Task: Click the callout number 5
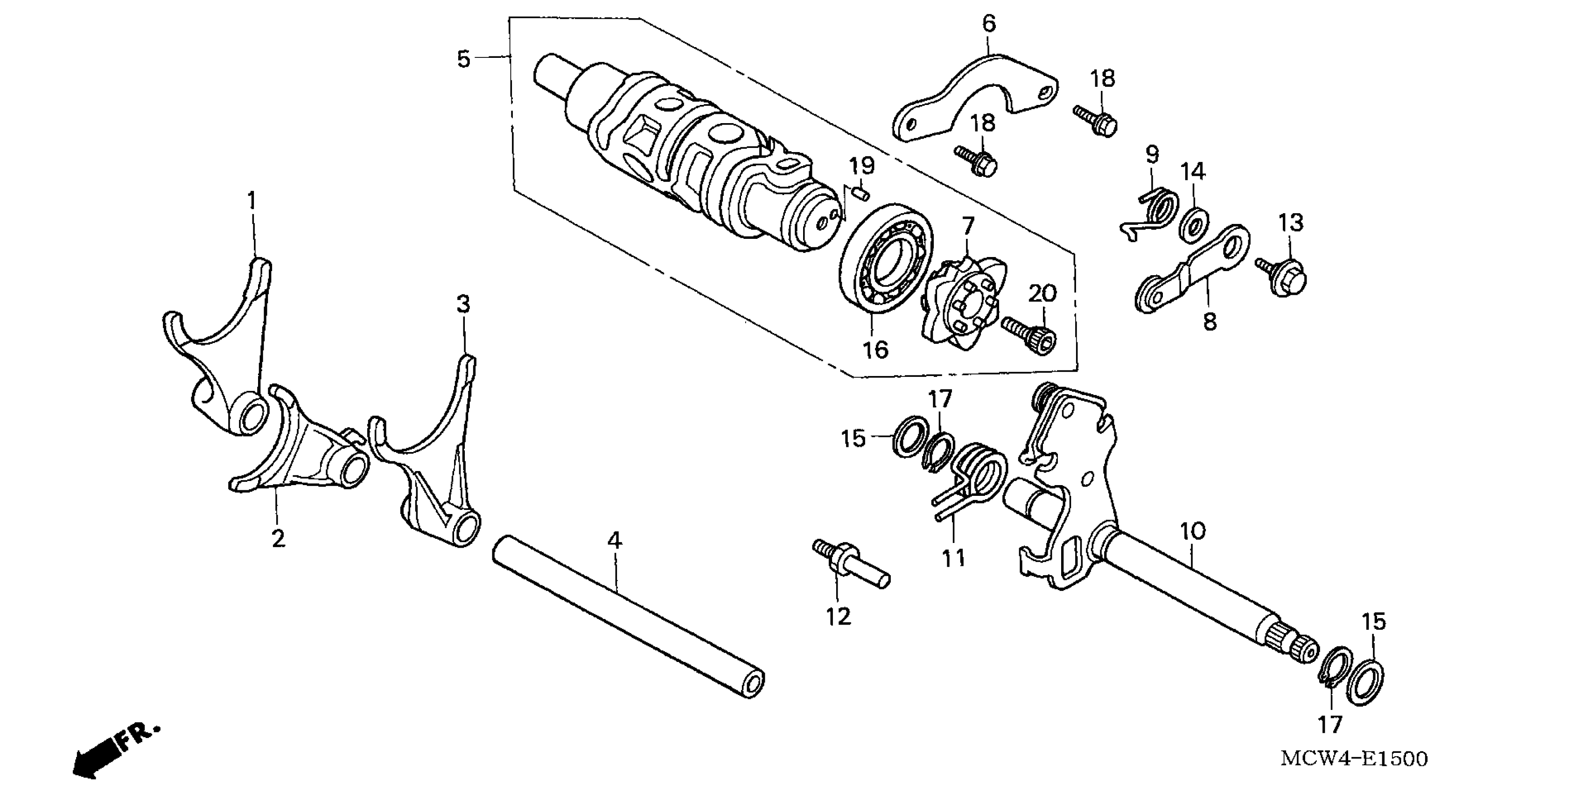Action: tap(463, 60)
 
